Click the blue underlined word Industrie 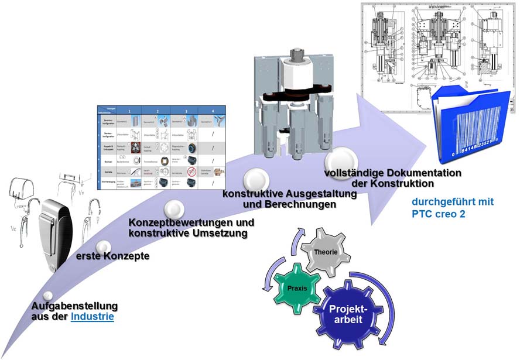coord(93,317)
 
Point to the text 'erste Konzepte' coord(112,256)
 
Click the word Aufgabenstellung coord(74,306)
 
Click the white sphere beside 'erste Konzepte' coord(104,247)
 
